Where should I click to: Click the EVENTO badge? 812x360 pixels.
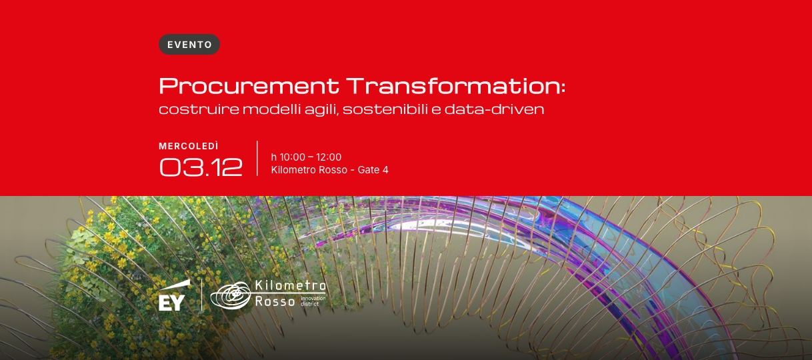[x=189, y=45]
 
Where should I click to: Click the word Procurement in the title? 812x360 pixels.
[x=249, y=86]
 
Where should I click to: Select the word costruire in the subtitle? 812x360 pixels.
[x=199, y=109]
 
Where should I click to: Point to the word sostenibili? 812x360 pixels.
[x=385, y=109]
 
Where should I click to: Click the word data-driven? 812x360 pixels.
[x=495, y=109]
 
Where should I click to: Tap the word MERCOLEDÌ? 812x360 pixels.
[x=189, y=146]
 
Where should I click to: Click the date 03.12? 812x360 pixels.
[x=201, y=167]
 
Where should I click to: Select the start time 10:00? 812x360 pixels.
[x=293, y=157]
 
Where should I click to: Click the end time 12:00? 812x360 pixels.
[x=329, y=157]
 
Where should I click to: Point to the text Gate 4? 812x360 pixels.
[x=373, y=170]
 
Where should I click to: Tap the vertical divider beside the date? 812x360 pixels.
[x=257, y=159]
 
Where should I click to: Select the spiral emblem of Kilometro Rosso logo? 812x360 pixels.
[x=231, y=295]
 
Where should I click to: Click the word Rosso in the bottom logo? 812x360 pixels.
[x=275, y=301]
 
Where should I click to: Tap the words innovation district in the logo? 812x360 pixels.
[x=313, y=301]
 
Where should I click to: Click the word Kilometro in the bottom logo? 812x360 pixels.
[x=291, y=286]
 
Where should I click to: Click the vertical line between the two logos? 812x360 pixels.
[x=201, y=295]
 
